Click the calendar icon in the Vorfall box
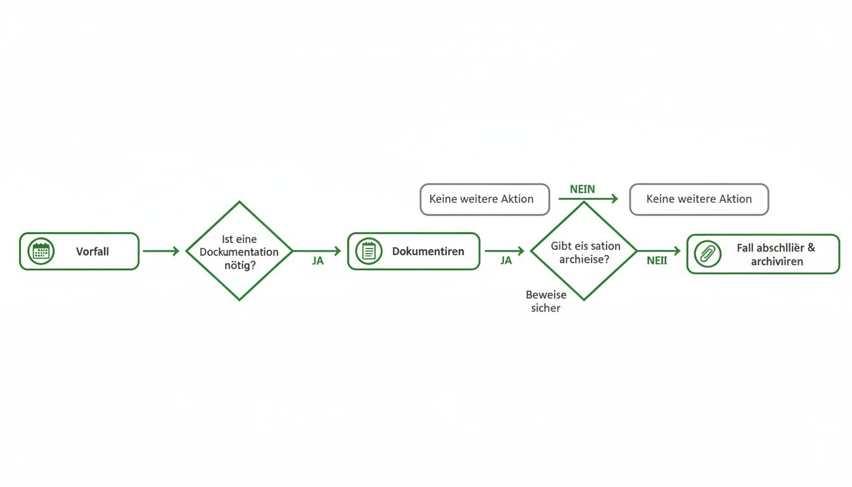click(x=41, y=251)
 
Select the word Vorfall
click(x=93, y=251)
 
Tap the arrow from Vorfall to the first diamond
click(x=161, y=251)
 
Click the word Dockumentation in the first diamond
click(x=239, y=252)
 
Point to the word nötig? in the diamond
click(x=240, y=264)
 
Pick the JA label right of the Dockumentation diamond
click(x=318, y=261)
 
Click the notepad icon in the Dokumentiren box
click(x=368, y=251)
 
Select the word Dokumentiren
click(x=428, y=251)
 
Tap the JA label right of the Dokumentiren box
click(x=506, y=261)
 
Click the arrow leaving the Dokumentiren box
click(x=504, y=251)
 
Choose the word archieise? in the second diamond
click(x=584, y=259)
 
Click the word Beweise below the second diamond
click(x=546, y=295)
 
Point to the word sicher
click(x=546, y=308)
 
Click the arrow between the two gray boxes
click(x=588, y=199)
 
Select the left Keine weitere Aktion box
click(x=484, y=199)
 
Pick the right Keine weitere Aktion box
click(x=699, y=199)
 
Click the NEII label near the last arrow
click(x=657, y=261)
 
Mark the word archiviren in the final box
click(x=777, y=261)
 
